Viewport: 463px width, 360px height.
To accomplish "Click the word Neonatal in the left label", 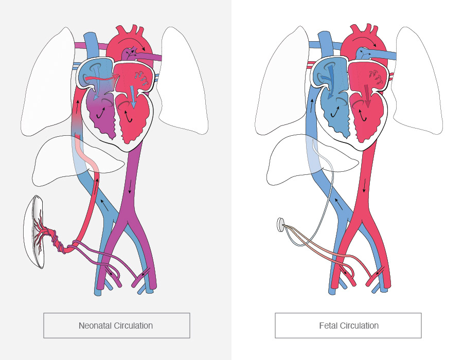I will coord(93,326).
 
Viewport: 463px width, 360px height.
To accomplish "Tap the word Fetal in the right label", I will coord(328,326).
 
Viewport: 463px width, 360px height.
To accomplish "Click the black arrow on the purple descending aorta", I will coord(130,188).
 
